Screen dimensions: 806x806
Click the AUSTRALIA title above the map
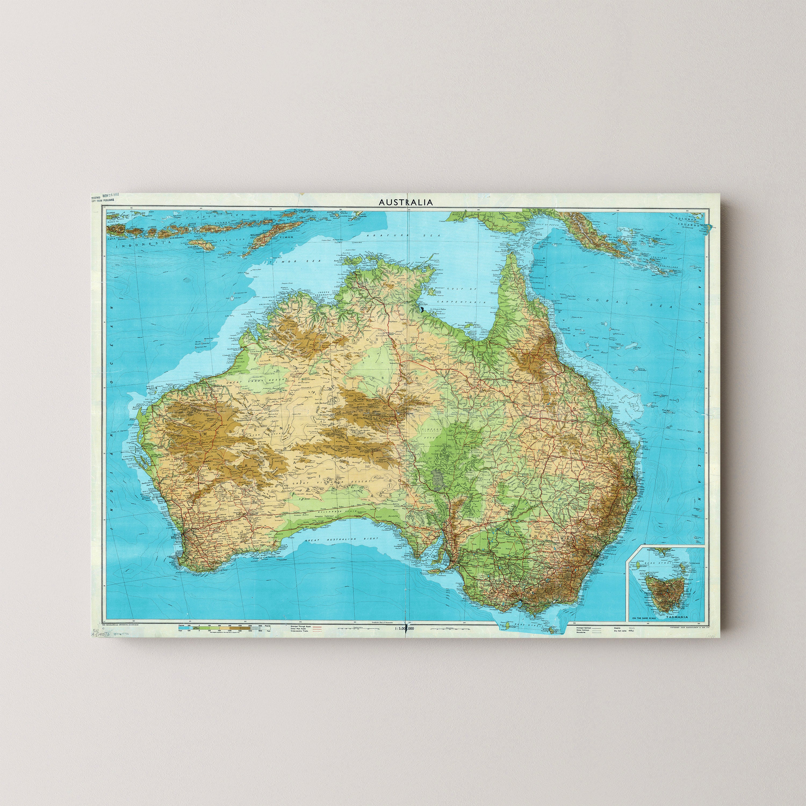pyautogui.click(x=405, y=202)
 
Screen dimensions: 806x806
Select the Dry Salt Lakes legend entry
pyautogui.click(x=622, y=631)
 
